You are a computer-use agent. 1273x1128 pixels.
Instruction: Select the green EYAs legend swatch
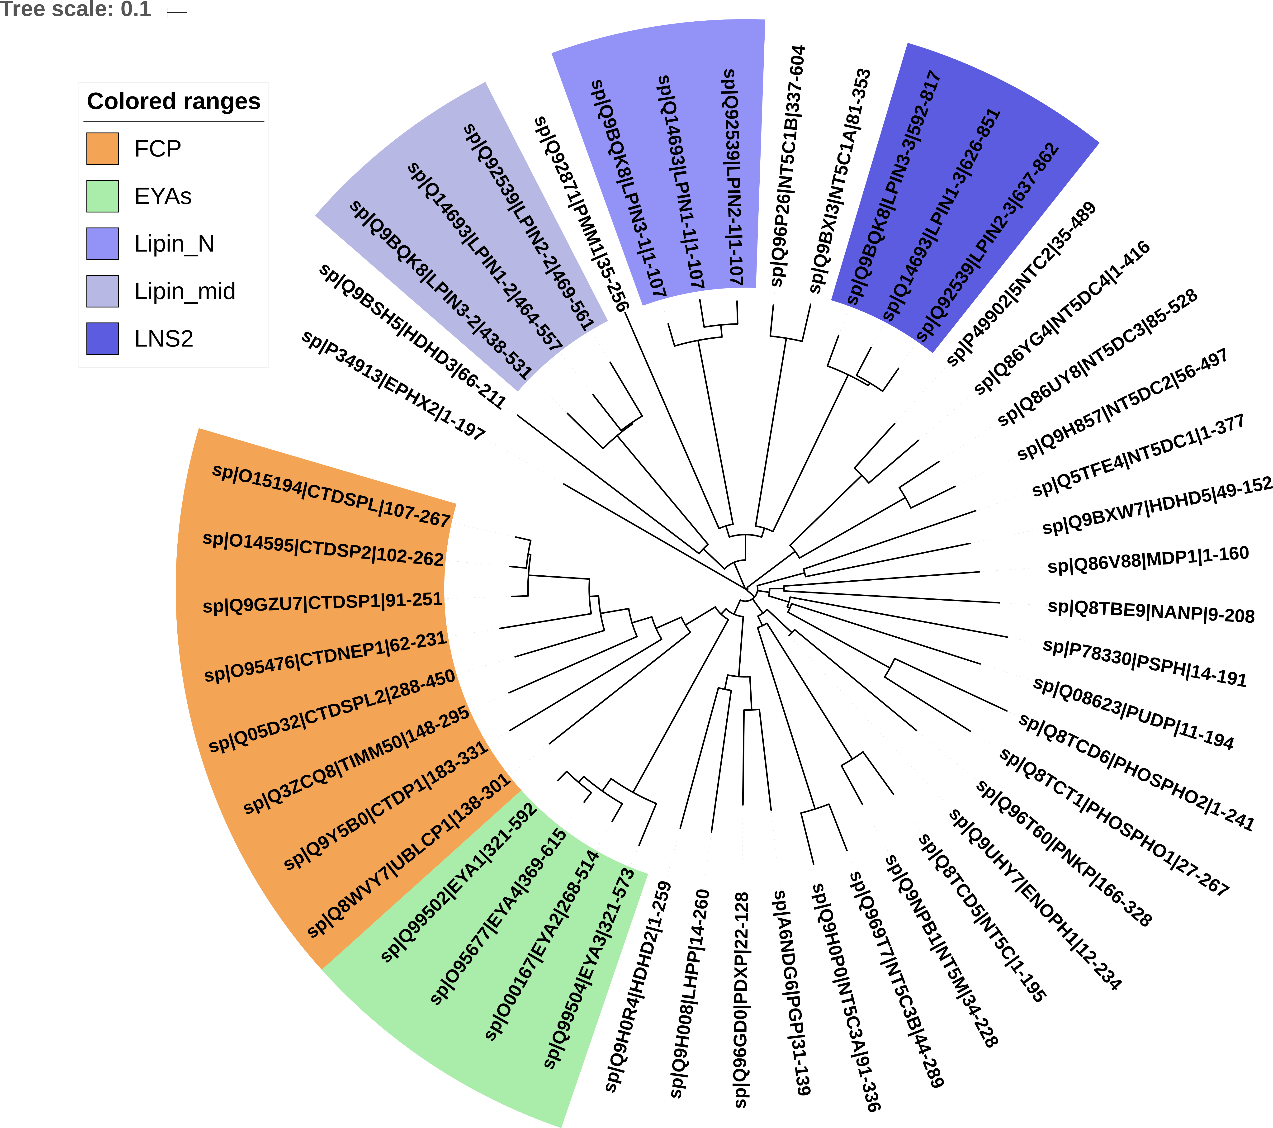tap(102, 196)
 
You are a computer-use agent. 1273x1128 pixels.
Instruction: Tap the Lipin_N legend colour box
tap(102, 244)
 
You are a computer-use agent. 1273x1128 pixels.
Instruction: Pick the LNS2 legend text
tap(164, 339)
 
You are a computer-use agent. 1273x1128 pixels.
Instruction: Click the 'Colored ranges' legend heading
tap(174, 101)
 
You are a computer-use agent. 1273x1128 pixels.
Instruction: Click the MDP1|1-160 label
tap(1148, 559)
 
